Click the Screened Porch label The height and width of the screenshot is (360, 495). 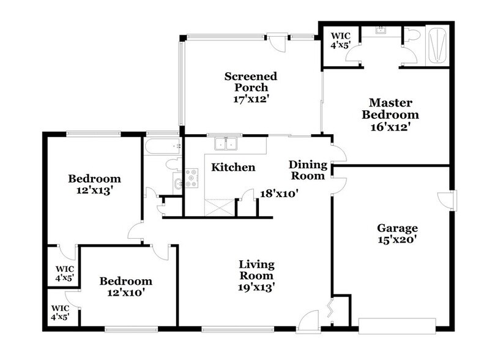tap(250, 82)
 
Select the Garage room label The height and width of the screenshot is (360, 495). tap(397, 228)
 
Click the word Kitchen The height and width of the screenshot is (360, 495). tap(233, 167)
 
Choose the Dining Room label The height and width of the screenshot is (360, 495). tap(307, 170)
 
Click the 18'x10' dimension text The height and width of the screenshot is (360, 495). tap(279, 193)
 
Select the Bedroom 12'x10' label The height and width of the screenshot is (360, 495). tap(125, 287)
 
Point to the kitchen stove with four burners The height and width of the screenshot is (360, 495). tap(192, 178)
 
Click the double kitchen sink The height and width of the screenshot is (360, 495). tap(226, 144)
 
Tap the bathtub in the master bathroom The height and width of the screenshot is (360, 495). tap(437, 46)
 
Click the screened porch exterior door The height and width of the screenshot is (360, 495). tap(278, 43)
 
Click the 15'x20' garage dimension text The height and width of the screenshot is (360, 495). tap(397, 240)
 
